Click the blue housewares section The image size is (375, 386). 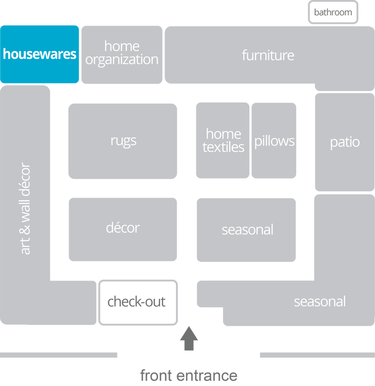40,54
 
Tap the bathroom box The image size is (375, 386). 333,12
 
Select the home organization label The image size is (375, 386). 122,53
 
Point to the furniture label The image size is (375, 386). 268,55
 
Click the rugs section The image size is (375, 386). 123,141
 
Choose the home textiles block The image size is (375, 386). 223,141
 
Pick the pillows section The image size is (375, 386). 275,141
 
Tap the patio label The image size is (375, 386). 345,142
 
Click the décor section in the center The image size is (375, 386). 123,228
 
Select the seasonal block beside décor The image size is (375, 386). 247,230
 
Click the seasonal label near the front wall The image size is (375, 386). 319,302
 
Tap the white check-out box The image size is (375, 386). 137,302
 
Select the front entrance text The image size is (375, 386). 189,375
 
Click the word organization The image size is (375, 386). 122,60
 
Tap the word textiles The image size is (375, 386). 224,147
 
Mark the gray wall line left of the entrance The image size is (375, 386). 59,355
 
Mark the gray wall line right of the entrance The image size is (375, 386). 316,355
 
